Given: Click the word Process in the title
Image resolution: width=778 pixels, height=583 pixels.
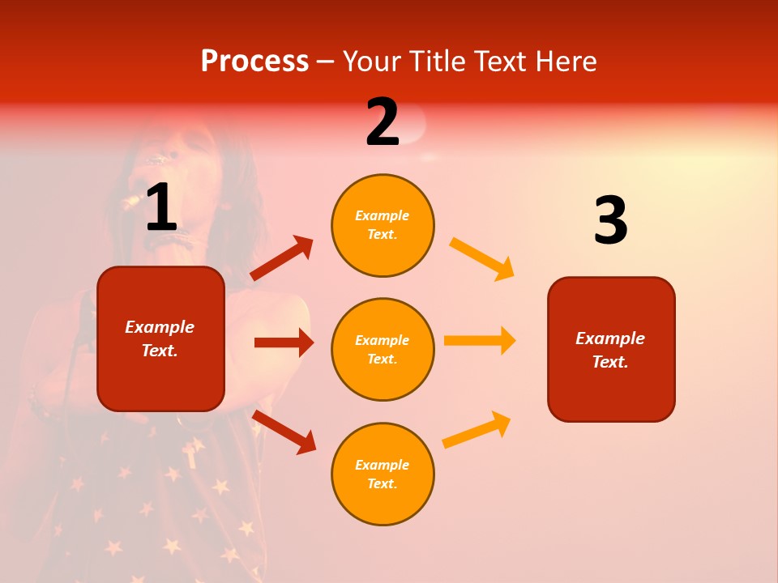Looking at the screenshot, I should tap(254, 61).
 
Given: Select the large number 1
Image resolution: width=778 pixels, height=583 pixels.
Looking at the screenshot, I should tap(161, 208).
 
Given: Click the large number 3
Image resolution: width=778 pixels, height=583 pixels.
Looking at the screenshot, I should tap(610, 220).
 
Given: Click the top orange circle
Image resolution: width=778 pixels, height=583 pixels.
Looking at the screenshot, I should tap(383, 225).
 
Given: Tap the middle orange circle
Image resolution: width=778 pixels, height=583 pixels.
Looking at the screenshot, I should tap(383, 349).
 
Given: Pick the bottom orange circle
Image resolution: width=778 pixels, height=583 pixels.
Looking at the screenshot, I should tap(383, 474).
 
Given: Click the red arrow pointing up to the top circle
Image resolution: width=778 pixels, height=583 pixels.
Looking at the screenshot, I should tap(282, 258).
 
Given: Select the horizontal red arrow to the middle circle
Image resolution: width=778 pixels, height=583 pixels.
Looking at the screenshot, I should tap(284, 343).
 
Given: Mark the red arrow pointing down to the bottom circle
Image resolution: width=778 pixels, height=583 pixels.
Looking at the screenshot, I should tap(284, 432).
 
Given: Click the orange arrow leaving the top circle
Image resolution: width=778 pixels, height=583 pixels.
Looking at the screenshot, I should tap(482, 258).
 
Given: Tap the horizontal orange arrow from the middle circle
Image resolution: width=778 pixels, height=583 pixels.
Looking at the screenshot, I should tap(480, 340).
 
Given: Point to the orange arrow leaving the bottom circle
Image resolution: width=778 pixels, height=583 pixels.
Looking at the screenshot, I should tap(477, 429).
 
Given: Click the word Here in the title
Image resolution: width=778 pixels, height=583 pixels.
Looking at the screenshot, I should tap(566, 61).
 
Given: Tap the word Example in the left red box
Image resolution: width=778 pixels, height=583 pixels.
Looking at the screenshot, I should tap(160, 327).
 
